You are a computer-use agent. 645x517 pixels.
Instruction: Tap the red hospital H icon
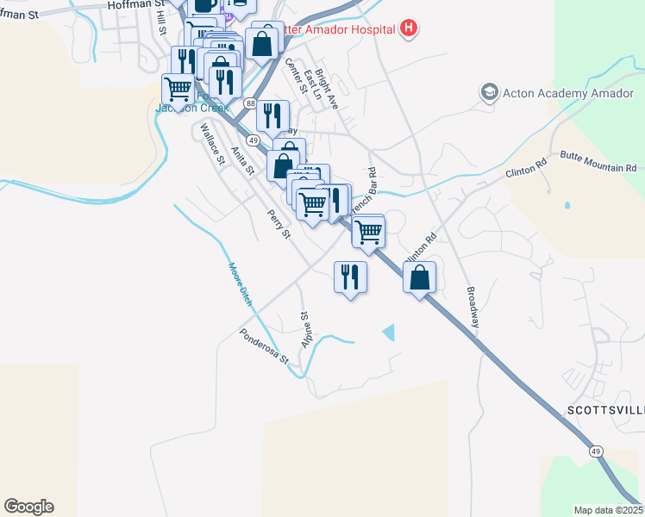click(x=410, y=29)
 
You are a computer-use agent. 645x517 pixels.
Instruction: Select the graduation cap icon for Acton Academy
click(x=490, y=92)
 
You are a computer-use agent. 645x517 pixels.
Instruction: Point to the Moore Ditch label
click(x=239, y=284)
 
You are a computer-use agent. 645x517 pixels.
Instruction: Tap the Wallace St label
click(x=212, y=144)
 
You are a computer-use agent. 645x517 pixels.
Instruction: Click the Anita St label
click(x=243, y=159)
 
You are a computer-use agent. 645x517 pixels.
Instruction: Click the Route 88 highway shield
click(x=250, y=103)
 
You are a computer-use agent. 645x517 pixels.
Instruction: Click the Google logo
click(x=28, y=507)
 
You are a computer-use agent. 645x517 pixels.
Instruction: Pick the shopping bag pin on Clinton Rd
click(x=419, y=278)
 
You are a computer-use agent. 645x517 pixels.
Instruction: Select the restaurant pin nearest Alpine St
click(x=350, y=277)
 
